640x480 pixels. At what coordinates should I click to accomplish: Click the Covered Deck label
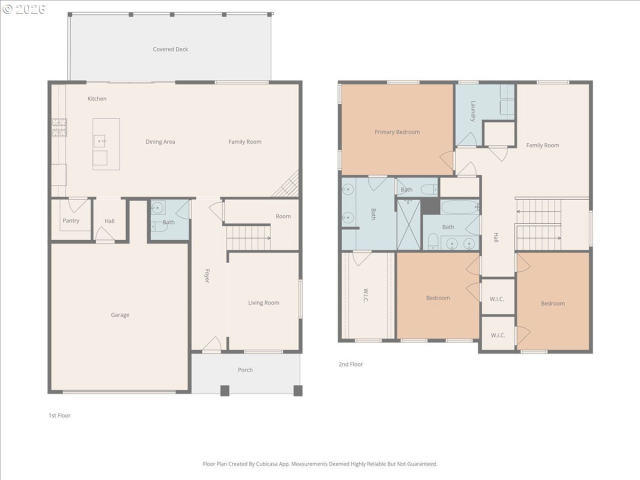pyautogui.click(x=170, y=49)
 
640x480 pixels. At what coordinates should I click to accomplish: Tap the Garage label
pyautogui.click(x=120, y=315)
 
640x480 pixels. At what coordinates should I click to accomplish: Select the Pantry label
pyautogui.click(x=71, y=220)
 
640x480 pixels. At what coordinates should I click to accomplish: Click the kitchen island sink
pyautogui.click(x=99, y=141)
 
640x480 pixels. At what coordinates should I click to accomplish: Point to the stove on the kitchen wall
pyautogui.click(x=59, y=127)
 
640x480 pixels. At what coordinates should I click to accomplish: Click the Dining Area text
pyautogui.click(x=160, y=142)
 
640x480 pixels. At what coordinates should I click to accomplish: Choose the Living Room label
pyautogui.click(x=263, y=303)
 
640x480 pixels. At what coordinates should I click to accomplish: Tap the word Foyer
pyautogui.click(x=206, y=276)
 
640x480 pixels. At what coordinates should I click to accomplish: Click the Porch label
pyautogui.click(x=245, y=370)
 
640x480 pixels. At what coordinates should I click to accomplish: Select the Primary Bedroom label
pyautogui.click(x=397, y=132)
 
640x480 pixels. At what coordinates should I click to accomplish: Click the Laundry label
pyautogui.click(x=473, y=110)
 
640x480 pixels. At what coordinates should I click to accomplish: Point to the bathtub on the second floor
pyautogui.click(x=460, y=207)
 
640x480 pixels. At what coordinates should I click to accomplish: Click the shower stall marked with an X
pyautogui.click(x=408, y=224)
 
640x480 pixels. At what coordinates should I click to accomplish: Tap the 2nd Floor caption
pyautogui.click(x=350, y=364)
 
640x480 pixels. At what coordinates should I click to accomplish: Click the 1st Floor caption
pyautogui.click(x=59, y=415)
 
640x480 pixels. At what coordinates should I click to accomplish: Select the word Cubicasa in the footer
pyautogui.click(x=266, y=464)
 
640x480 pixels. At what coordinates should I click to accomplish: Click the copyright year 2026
pyautogui.click(x=30, y=9)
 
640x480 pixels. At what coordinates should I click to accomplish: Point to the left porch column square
pyautogui.click(x=224, y=390)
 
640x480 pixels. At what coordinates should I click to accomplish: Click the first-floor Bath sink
pyautogui.click(x=157, y=207)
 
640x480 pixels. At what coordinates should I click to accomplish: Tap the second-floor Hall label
pyautogui.click(x=495, y=237)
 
